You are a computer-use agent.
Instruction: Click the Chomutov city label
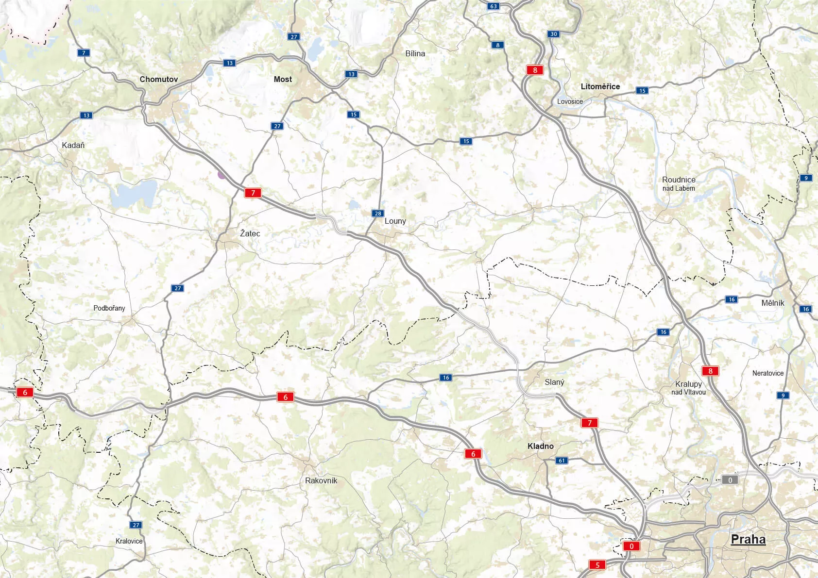[x=159, y=79]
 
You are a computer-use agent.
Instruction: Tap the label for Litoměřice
[x=600, y=86]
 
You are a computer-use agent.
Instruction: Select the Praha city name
[x=748, y=539]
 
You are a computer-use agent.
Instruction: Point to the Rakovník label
[x=321, y=480]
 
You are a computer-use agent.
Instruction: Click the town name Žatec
[x=250, y=233]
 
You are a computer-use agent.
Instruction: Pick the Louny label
[x=395, y=221]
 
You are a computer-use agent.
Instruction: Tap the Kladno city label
[x=541, y=446]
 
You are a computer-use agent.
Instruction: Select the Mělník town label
[x=773, y=303]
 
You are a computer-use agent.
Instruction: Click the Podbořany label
[x=109, y=308]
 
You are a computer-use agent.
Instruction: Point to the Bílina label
[x=415, y=53]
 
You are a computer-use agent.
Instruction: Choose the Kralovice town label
[x=129, y=541]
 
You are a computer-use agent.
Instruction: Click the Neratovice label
[x=768, y=373]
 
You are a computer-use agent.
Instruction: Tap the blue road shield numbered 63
[x=494, y=6]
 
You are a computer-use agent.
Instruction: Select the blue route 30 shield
[x=553, y=34]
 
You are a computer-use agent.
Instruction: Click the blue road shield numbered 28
[x=378, y=214]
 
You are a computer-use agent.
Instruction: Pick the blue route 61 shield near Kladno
[x=562, y=461]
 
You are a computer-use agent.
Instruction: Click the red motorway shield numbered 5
[x=597, y=564]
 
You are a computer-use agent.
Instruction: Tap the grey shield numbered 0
[x=730, y=480]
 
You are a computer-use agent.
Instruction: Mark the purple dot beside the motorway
[x=222, y=175]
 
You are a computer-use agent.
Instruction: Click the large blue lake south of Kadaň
[x=134, y=193]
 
